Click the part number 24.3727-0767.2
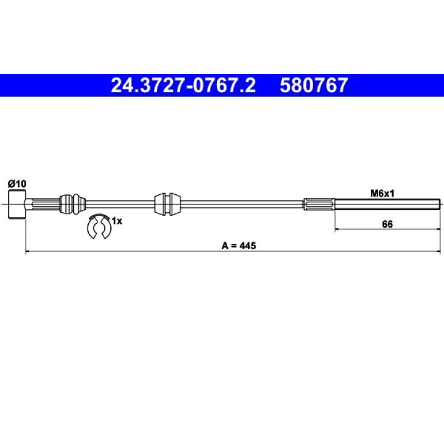183,85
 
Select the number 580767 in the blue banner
314,85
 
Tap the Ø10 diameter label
17,184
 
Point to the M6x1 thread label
382,194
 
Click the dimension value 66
387,224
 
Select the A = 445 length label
239,246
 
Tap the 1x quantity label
117,221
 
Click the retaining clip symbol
99,226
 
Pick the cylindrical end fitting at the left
17,204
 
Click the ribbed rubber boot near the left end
73,204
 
